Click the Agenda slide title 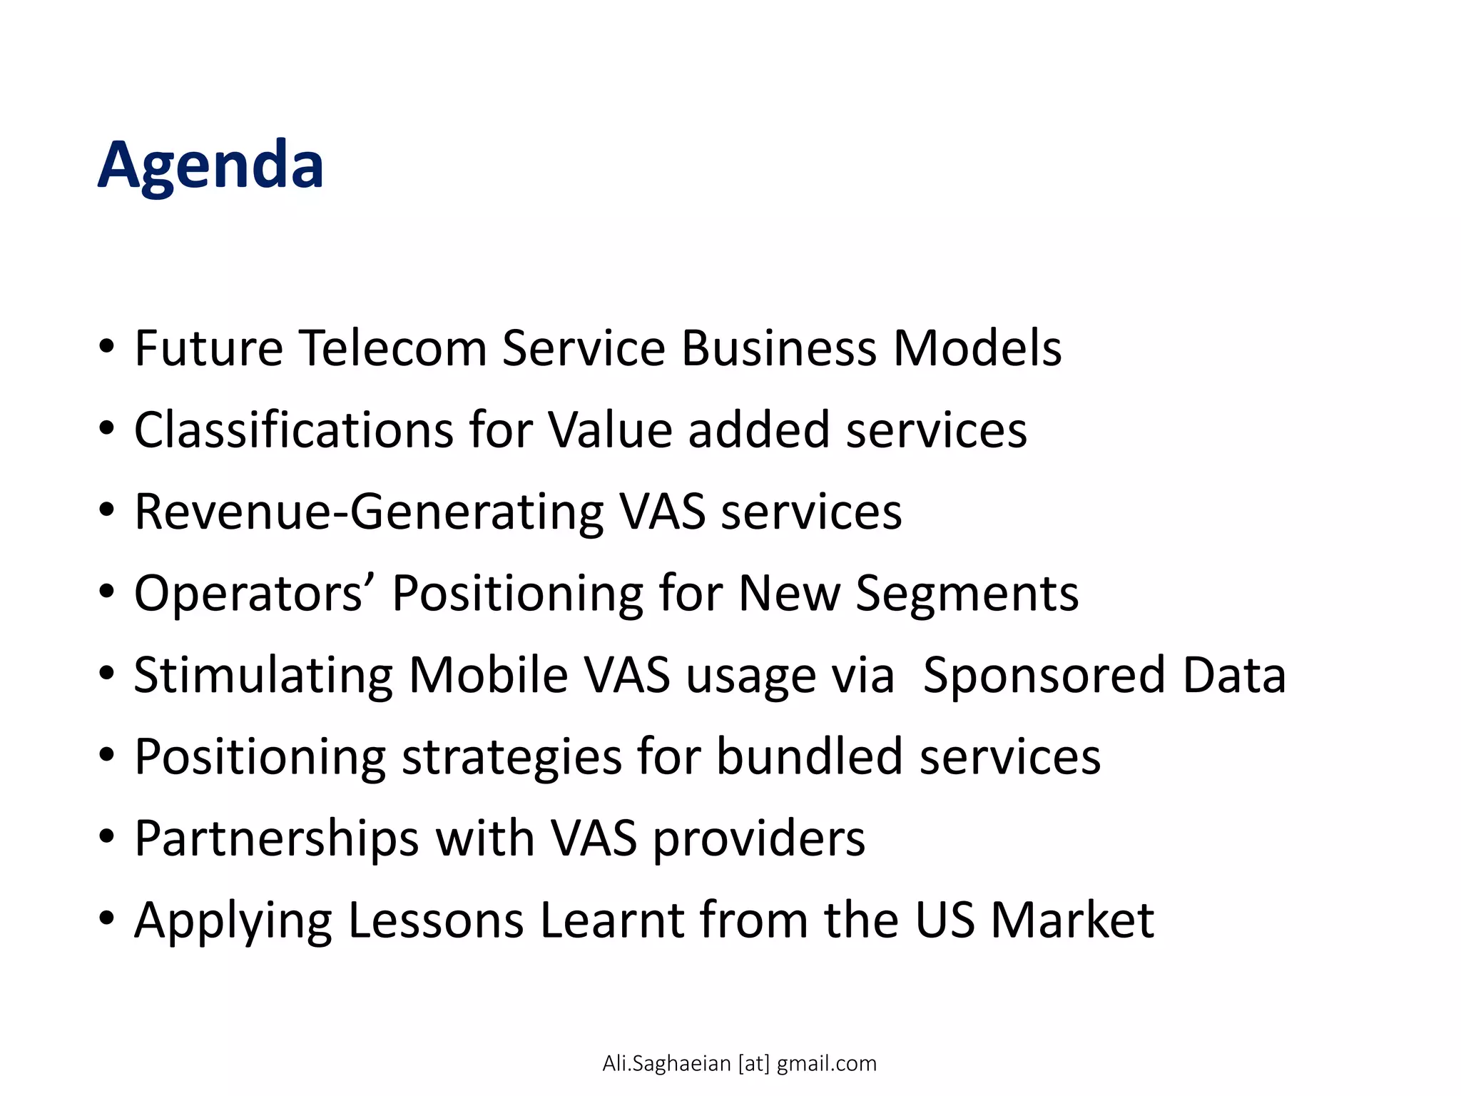[x=211, y=165]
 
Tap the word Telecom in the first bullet [x=392, y=348]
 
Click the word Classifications [x=293, y=430]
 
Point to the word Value [x=610, y=430]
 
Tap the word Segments [x=967, y=594]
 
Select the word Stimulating [x=263, y=676]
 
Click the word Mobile [x=488, y=676]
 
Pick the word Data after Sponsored [x=1234, y=676]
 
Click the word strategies [x=511, y=757]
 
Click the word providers [x=759, y=838]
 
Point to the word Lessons [x=436, y=920]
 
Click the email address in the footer [x=739, y=1063]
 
